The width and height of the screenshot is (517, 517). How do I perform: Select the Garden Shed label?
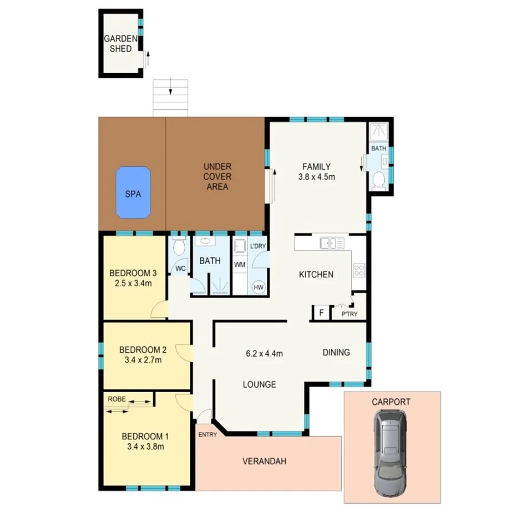tap(118, 44)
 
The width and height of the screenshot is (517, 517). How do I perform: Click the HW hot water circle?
tap(258, 287)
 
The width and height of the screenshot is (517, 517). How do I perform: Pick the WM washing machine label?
tap(240, 265)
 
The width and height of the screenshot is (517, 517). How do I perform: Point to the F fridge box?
tap(321, 313)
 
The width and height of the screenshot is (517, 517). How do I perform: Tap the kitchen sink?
tap(332, 242)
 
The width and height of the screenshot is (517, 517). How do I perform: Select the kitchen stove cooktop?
tap(359, 271)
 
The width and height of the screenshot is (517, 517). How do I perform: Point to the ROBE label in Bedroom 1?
tap(116, 398)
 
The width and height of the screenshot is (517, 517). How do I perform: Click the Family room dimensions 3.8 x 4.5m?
tap(316, 177)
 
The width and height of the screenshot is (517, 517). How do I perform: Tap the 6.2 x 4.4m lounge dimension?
tap(265, 353)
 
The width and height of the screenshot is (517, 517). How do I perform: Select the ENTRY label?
tap(207, 434)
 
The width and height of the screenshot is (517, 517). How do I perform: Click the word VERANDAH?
tap(265, 461)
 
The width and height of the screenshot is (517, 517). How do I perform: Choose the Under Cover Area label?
tap(217, 176)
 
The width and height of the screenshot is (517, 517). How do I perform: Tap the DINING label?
tap(336, 352)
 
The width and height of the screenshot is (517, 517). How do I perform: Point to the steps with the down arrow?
tap(170, 97)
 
